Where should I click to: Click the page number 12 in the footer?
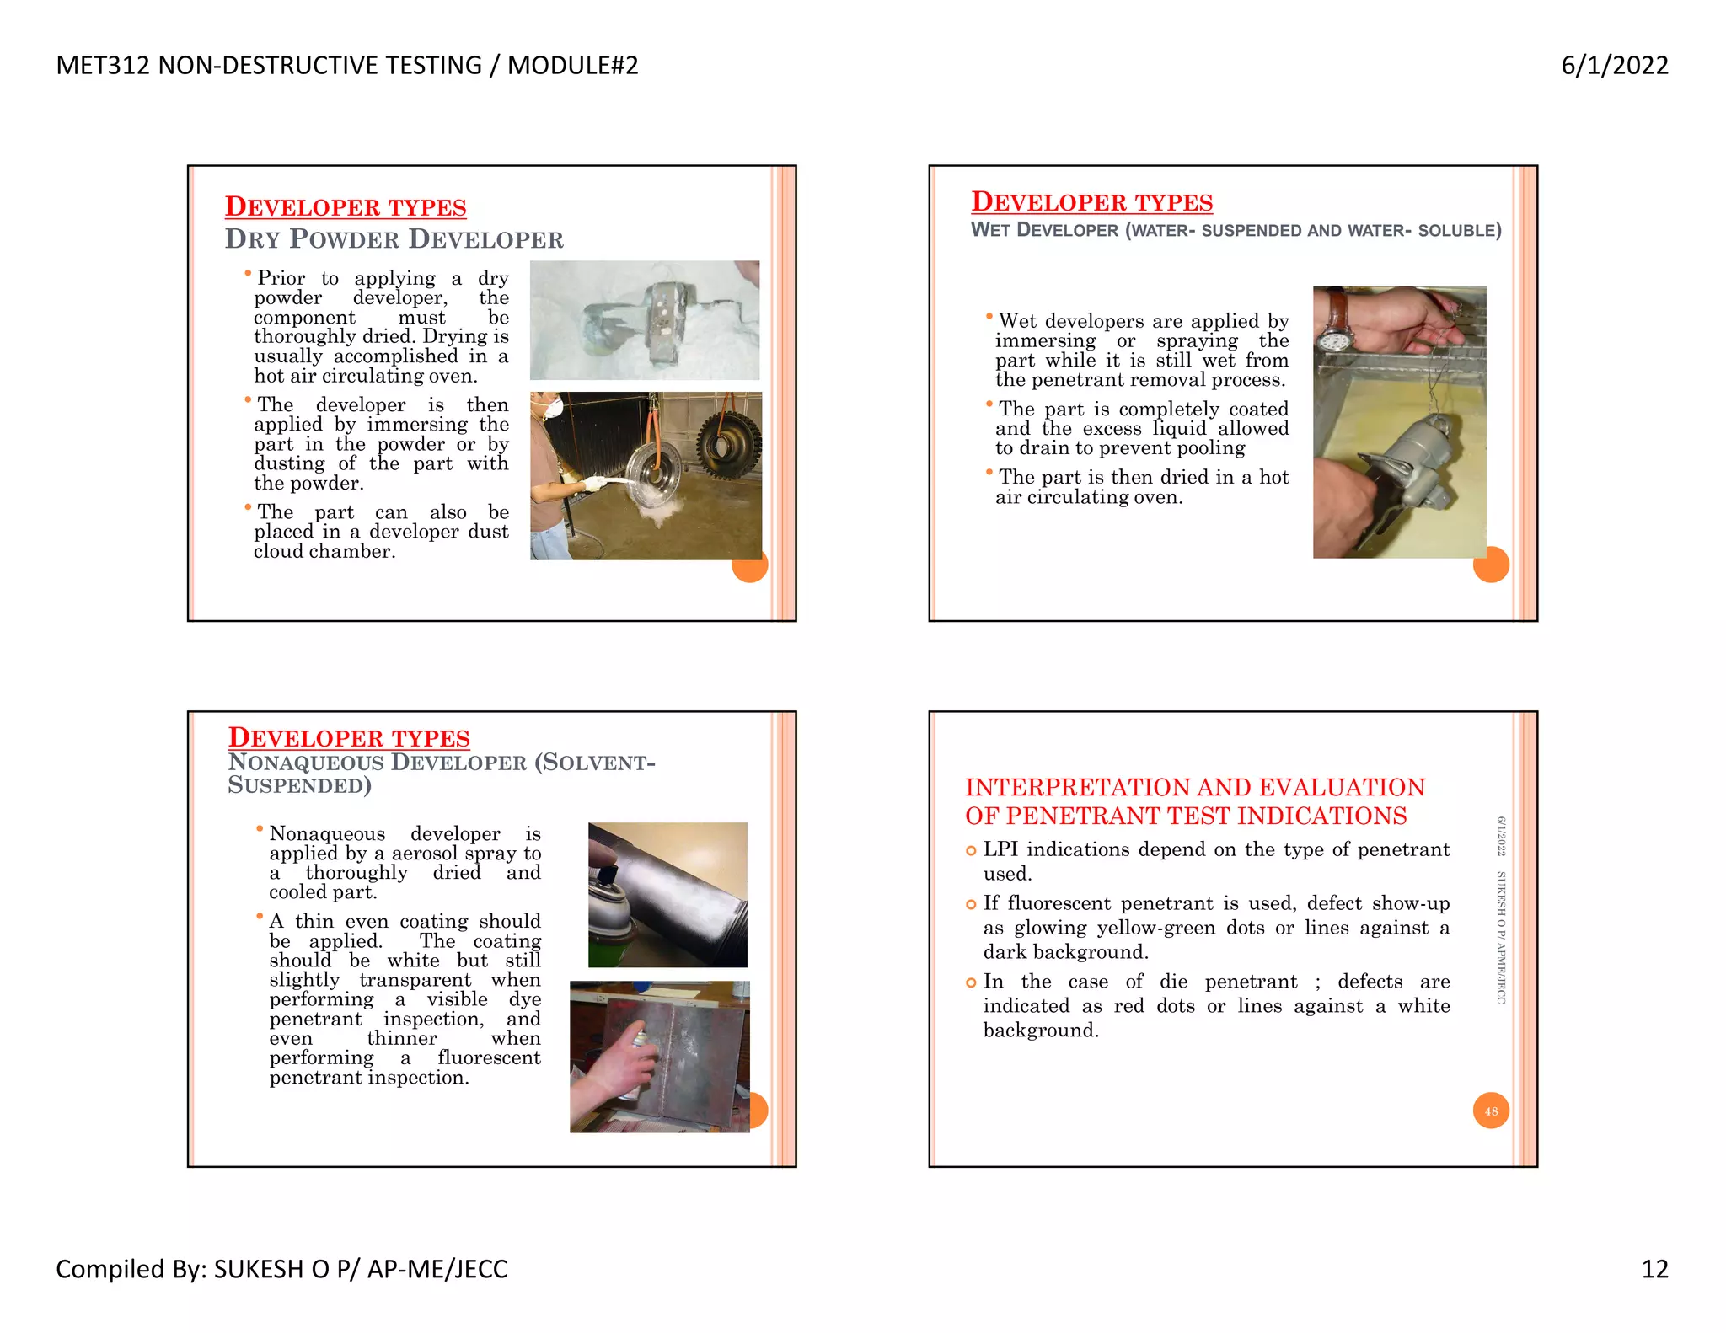pos(1654,1268)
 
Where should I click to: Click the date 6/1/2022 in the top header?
pos(1614,66)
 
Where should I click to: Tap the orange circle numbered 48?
pos(1490,1111)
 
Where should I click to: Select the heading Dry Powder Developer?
pos(394,239)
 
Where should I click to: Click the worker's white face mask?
pos(553,409)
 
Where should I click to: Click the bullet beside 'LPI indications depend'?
pos(971,851)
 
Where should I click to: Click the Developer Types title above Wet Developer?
pos(1091,202)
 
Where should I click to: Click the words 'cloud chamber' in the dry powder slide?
pos(324,551)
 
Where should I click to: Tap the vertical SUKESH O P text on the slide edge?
pos(1501,906)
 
